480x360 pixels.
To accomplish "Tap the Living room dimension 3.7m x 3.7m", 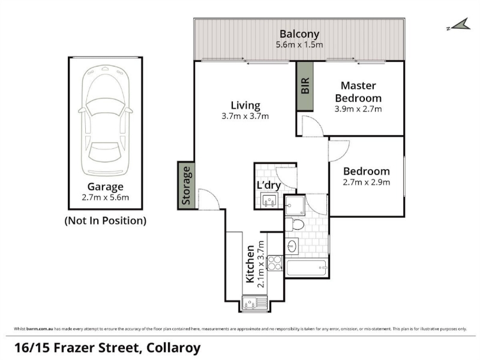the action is click(x=245, y=116).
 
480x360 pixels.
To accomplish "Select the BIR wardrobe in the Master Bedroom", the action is click(x=305, y=86).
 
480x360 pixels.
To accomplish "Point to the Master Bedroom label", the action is click(x=358, y=92).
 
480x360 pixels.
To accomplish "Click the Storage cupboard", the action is click(x=186, y=185).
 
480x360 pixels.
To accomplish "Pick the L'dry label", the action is click(x=268, y=185).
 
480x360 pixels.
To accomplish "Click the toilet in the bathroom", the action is click(x=295, y=224).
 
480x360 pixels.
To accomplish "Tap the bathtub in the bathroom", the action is click(x=307, y=268).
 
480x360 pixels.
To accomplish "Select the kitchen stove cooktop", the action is click(x=275, y=263).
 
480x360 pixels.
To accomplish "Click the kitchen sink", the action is click(x=254, y=304).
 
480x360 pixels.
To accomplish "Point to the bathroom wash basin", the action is click(x=292, y=246).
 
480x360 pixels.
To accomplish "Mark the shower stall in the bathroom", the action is click(x=295, y=205).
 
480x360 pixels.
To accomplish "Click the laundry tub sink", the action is click(x=269, y=200).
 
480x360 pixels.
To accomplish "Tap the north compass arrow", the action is click(x=460, y=25).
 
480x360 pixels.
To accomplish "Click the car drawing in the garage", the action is click(x=106, y=121).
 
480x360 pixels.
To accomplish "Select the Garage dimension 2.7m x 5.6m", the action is click(x=106, y=197).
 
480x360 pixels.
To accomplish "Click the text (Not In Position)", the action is click(x=106, y=221).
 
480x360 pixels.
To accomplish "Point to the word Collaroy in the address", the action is click(x=173, y=348).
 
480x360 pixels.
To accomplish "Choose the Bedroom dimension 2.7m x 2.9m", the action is click(x=367, y=182).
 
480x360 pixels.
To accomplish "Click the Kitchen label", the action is click(x=250, y=264).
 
